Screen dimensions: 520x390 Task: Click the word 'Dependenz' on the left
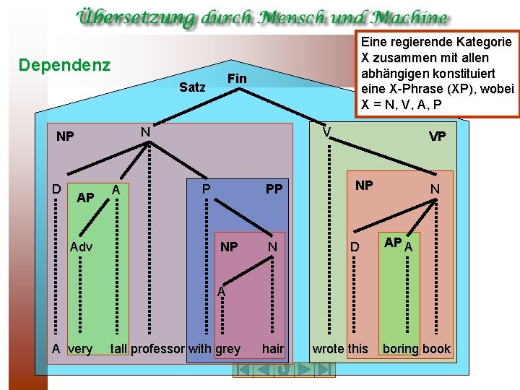click(x=64, y=66)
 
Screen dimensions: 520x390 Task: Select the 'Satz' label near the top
click(x=192, y=87)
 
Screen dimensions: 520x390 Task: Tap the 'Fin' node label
click(x=236, y=78)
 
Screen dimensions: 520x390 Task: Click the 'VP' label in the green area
click(x=437, y=136)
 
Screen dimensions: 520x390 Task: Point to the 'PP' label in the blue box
click(x=274, y=189)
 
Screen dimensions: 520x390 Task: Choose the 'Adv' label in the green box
click(x=82, y=247)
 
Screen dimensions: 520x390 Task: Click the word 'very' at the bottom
click(x=79, y=349)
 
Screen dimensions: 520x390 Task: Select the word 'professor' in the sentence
click(x=157, y=349)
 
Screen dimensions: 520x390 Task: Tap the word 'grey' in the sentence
click(x=227, y=349)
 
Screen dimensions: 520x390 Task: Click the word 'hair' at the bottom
click(x=273, y=349)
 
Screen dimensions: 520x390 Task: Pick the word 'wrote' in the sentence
click(x=328, y=349)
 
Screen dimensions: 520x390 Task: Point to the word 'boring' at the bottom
click(x=401, y=349)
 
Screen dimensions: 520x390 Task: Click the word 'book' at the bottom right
click(x=436, y=349)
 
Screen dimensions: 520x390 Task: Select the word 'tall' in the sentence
click(x=118, y=349)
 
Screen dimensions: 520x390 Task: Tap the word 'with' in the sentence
click(x=200, y=349)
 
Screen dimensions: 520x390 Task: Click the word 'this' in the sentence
click(x=357, y=349)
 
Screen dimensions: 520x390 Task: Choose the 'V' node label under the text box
click(x=327, y=131)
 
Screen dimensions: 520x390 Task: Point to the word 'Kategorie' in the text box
click(x=476, y=42)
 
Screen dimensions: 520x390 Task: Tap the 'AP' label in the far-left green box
click(x=85, y=197)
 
